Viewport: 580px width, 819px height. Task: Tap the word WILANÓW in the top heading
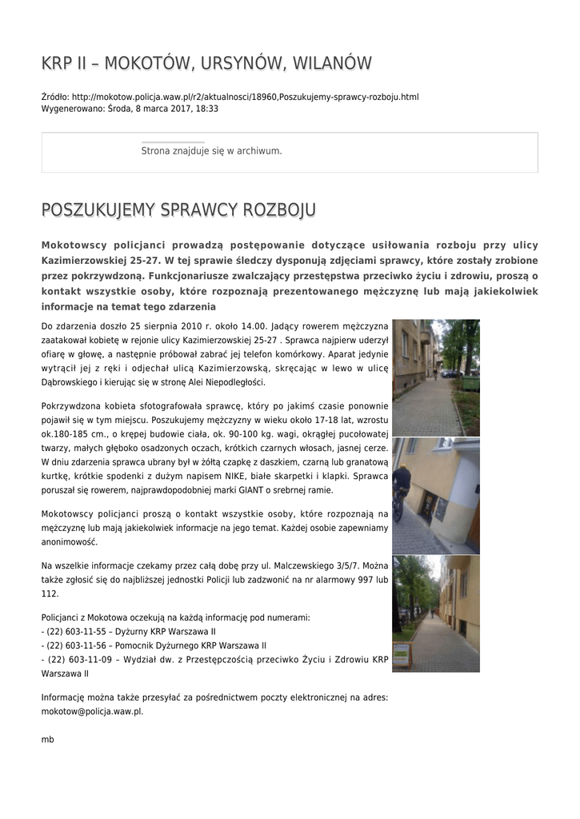coord(332,63)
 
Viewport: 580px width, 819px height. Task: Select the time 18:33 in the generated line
coord(207,109)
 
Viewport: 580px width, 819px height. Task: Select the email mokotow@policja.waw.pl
coord(91,711)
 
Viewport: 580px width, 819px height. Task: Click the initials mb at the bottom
coord(47,740)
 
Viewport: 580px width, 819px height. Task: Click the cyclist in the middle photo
coord(401,488)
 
